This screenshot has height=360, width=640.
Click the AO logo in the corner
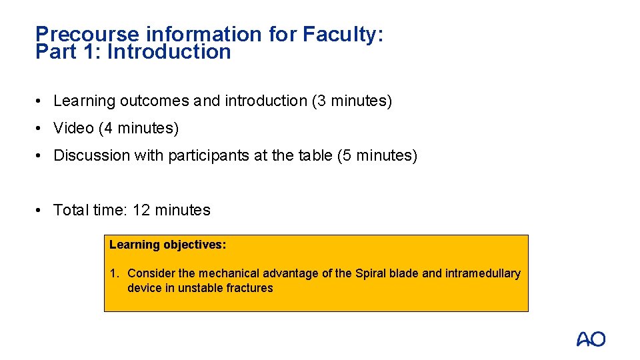click(x=591, y=339)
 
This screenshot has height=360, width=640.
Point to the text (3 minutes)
click(x=352, y=101)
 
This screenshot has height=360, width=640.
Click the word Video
click(x=73, y=128)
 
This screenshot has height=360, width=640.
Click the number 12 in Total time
click(x=141, y=211)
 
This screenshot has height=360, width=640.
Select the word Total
click(x=71, y=211)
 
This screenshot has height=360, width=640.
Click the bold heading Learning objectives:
click(x=168, y=245)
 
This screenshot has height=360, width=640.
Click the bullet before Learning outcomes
click(x=41, y=101)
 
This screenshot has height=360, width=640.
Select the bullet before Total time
click(x=41, y=211)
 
